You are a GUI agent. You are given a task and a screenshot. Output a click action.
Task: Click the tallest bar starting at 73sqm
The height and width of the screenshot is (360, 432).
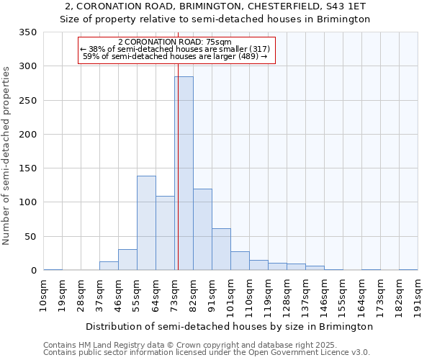click(184, 173)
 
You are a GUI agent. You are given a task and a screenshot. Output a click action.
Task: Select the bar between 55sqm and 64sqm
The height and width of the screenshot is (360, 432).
click(146, 223)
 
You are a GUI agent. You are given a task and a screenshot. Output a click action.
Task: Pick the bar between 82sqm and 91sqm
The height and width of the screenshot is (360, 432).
click(202, 230)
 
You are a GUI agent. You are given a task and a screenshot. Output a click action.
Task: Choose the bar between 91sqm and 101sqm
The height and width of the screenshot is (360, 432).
click(221, 249)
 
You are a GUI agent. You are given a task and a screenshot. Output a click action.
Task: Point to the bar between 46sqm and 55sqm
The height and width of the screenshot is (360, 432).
click(127, 260)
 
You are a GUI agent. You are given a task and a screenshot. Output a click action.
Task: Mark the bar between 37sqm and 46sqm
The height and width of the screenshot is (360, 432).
click(109, 266)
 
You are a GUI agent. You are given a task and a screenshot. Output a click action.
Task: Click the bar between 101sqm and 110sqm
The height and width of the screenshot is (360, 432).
click(240, 261)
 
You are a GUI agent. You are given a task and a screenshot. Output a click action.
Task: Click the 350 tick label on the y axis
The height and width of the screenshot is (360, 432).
click(28, 32)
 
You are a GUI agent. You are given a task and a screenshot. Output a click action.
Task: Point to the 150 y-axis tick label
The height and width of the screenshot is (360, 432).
click(28, 168)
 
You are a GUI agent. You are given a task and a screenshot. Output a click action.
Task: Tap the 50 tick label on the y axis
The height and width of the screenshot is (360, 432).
click(31, 237)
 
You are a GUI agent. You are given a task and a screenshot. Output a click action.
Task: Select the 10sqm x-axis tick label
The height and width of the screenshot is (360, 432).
click(44, 294)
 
